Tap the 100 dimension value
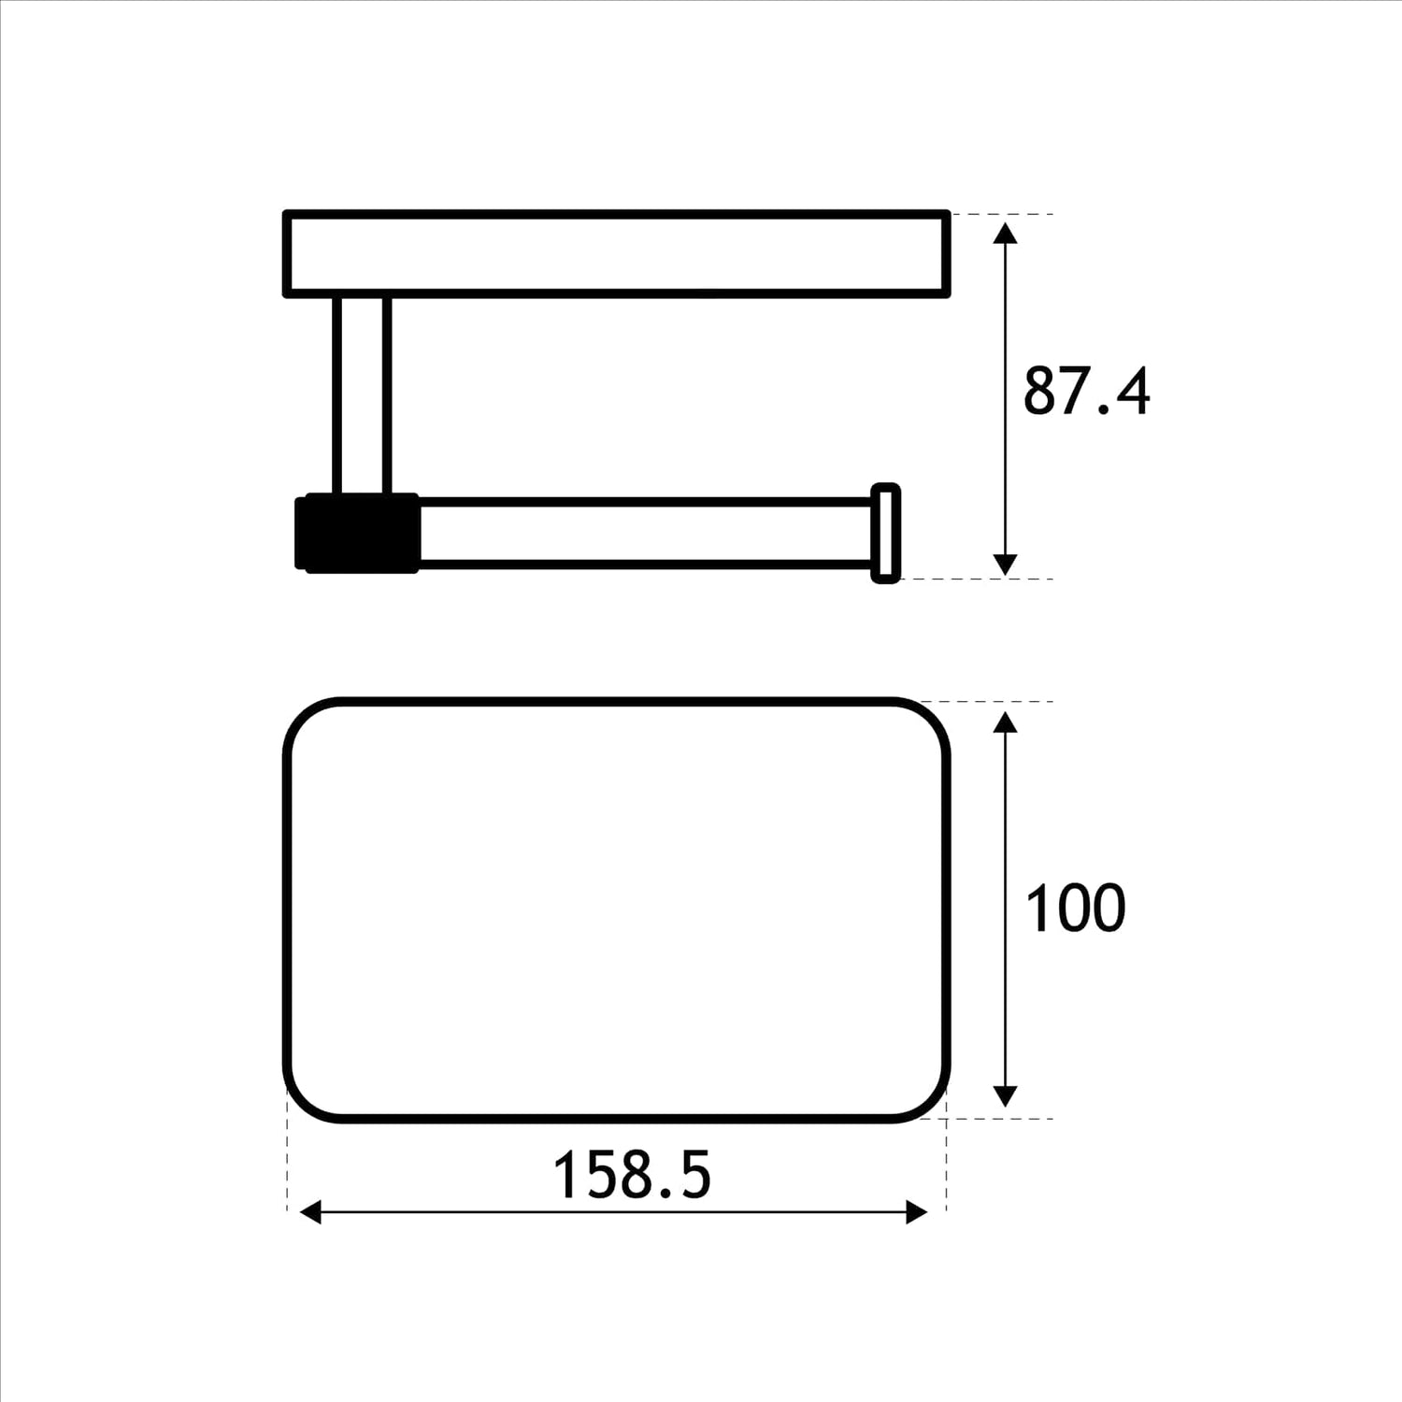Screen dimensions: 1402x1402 point(1075,908)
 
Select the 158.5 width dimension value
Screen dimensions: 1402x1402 point(632,1175)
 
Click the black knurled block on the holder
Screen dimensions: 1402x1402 point(358,533)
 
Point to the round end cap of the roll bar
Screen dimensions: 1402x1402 point(885,534)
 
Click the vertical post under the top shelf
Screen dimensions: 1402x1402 point(362,393)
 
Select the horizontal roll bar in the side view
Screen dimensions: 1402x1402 point(645,534)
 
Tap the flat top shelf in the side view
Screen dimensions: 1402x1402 point(617,254)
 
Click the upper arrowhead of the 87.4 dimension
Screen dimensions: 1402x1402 point(1005,233)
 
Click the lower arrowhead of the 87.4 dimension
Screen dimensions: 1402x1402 point(1005,564)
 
